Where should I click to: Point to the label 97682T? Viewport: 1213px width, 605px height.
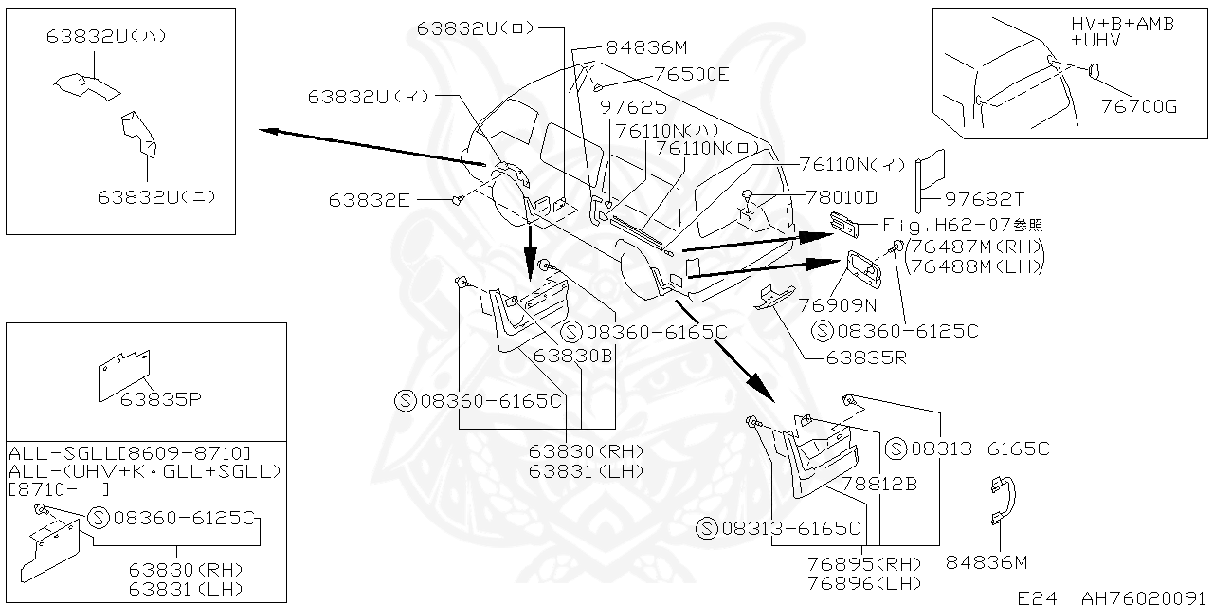point(985,199)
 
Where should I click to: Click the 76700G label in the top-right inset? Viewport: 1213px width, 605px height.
point(1138,107)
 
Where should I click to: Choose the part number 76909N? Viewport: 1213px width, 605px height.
point(837,305)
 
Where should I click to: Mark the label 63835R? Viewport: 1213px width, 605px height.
point(865,358)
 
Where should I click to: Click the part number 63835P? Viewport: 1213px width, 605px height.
point(160,399)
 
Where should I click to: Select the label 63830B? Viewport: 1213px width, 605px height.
point(572,356)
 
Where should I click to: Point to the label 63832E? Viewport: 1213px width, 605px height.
point(370,200)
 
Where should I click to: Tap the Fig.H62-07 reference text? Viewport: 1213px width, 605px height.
point(963,226)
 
